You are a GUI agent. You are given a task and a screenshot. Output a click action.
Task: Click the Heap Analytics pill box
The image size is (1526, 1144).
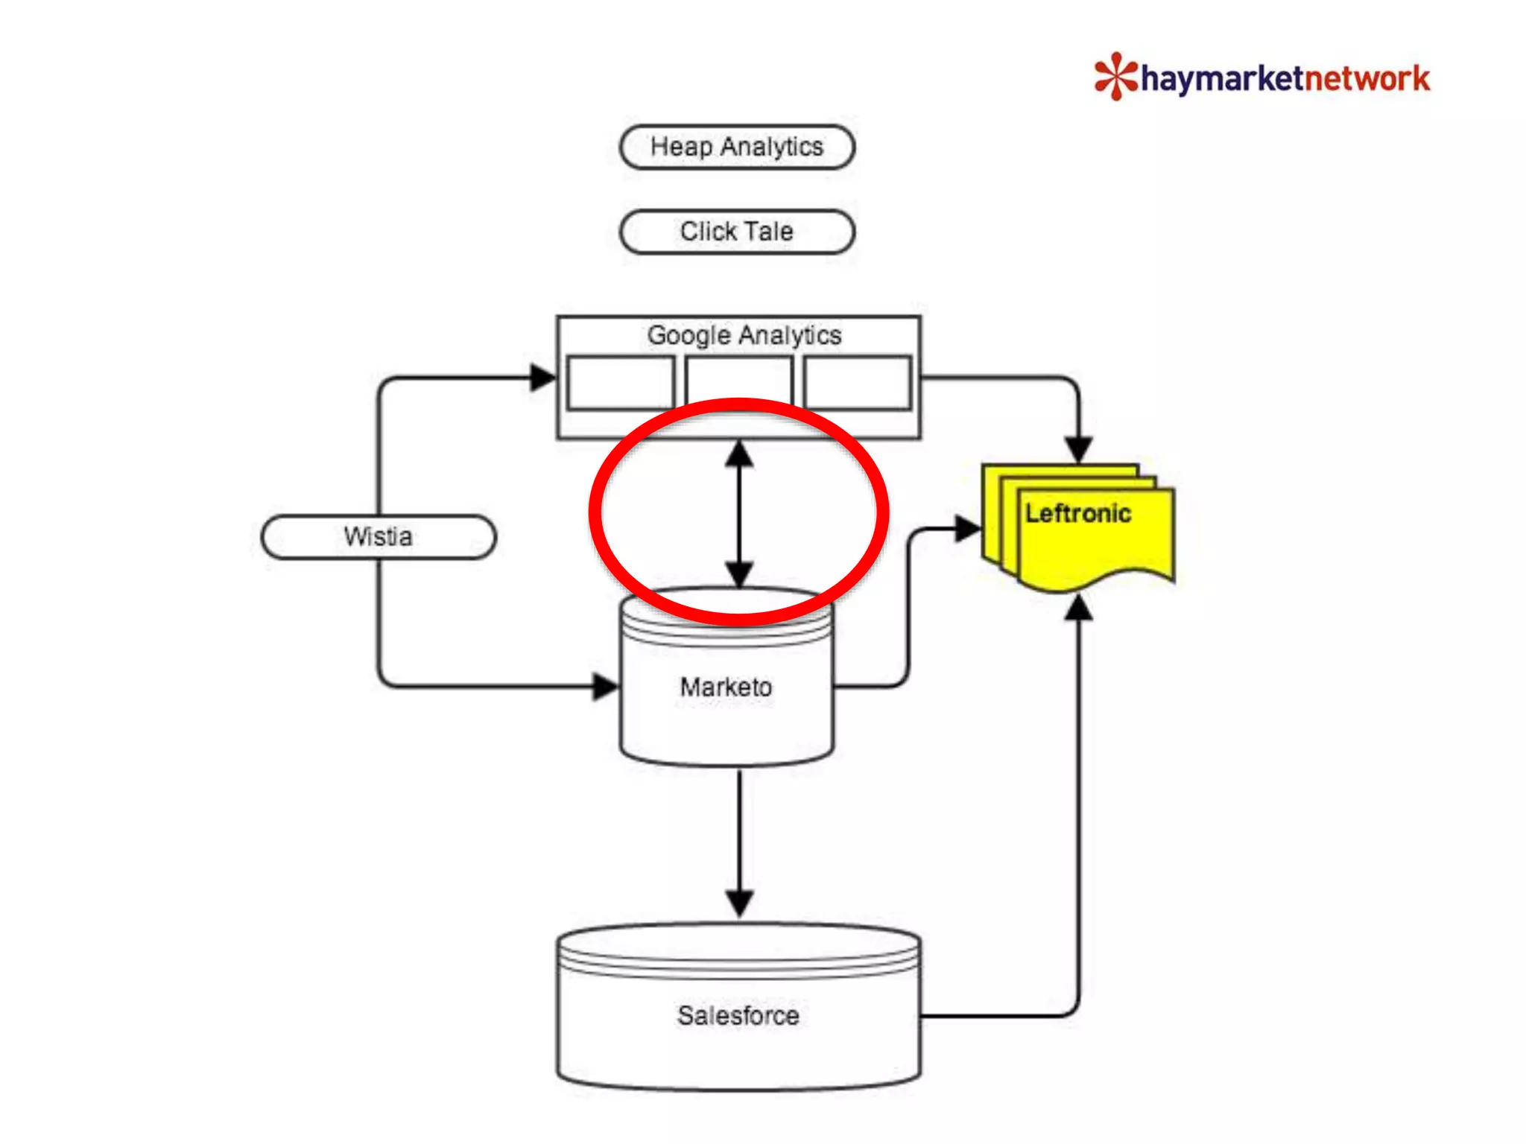pyautogui.click(x=737, y=147)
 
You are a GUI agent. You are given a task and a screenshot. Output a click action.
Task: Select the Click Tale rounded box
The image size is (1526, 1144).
pyautogui.click(x=737, y=232)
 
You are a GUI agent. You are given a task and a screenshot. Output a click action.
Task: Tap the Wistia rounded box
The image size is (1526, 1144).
pyautogui.click(x=379, y=536)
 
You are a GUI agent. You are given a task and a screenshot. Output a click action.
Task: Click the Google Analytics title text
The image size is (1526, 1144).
pyautogui.click(x=744, y=335)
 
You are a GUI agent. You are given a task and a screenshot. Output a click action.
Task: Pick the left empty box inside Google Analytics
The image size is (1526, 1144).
pyautogui.click(x=620, y=383)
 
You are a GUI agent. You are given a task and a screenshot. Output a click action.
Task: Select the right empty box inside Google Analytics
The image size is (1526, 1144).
pyautogui.click(x=858, y=383)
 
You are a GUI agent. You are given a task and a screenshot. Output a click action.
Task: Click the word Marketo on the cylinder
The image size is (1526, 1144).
pyautogui.click(x=726, y=687)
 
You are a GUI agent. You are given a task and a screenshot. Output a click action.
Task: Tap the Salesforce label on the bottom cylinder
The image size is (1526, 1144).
pyautogui.click(x=738, y=1015)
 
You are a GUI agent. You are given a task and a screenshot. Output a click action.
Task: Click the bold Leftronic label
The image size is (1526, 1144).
pyautogui.click(x=1077, y=513)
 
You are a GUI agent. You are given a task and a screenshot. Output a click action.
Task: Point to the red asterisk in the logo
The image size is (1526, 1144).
pyautogui.click(x=1115, y=76)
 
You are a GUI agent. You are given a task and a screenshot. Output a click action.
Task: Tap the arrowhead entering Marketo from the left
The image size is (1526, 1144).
pyautogui.click(x=605, y=686)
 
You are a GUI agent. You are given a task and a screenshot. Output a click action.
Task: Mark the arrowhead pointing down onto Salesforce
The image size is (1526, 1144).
pyautogui.click(x=739, y=903)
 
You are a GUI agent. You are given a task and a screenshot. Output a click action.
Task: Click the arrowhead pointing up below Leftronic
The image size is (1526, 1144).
pyautogui.click(x=1078, y=609)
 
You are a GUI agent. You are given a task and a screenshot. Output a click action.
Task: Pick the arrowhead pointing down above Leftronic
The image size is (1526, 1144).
pyautogui.click(x=1078, y=449)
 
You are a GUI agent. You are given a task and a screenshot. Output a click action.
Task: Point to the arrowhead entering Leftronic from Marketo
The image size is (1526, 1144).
pyautogui.click(x=968, y=529)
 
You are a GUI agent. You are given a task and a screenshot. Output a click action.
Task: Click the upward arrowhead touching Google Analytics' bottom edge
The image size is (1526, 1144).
pyautogui.click(x=739, y=454)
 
